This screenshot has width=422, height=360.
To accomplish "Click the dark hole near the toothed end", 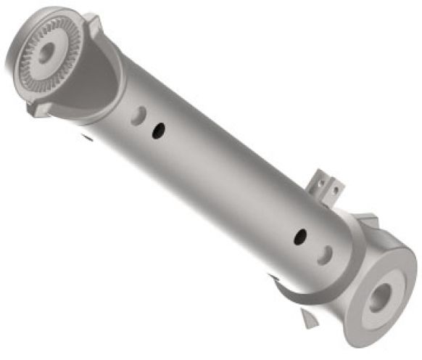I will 157,130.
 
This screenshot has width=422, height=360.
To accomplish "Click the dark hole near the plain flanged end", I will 300,236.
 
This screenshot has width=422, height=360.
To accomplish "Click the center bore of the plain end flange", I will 380,297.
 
